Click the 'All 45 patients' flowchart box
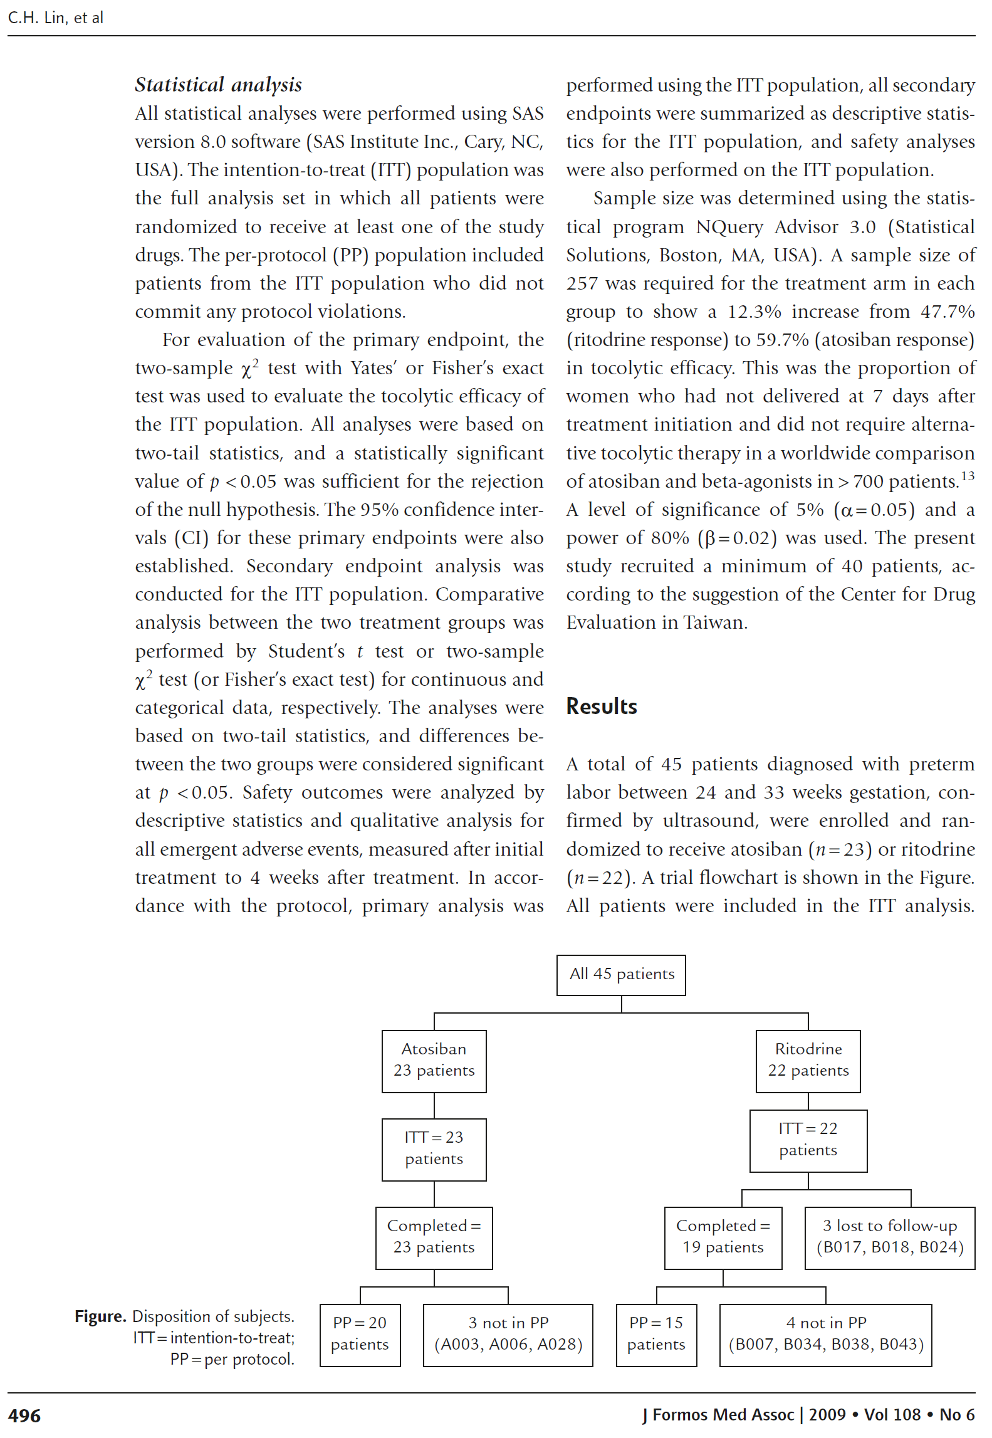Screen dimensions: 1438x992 point(620,975)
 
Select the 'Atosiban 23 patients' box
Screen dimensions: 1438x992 point(434,1061)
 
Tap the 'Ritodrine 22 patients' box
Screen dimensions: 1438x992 point(808,1061)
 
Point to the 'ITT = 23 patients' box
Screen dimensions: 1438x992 point(434,1149)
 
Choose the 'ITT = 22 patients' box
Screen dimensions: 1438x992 point(808,1140)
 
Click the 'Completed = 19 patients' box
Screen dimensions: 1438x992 point(723,1237)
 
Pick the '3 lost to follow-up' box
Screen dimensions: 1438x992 point(889,1237)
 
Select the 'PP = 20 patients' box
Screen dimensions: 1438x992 point(360,1335)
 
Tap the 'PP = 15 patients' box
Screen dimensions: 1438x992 point(656,1335)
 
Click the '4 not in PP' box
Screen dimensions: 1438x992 point(825,1335)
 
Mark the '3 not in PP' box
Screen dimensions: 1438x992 point(508,1335)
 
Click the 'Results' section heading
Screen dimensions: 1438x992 point(601,706)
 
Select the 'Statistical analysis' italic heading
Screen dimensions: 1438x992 point(218,85)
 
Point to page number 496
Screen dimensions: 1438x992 point(24,1416)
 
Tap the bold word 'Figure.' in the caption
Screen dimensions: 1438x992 point(100,1316)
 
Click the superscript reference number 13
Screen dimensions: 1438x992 point(968,476)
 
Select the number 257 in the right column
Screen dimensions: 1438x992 point(582,283)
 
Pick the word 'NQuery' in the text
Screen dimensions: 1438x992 point(729,227)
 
